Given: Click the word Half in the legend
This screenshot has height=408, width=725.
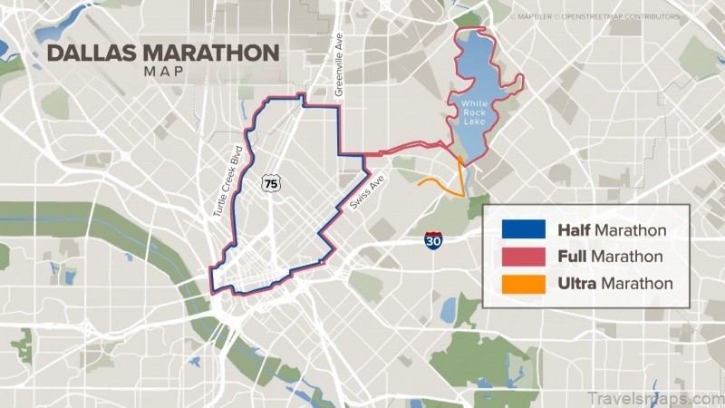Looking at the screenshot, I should (x=573, y=230).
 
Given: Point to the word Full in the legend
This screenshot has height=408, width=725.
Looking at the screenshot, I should (x=571, y=257).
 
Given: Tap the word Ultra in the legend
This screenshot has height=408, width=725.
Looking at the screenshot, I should (x=576, y=284).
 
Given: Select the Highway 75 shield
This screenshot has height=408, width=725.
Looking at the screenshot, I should (x=271, y=184).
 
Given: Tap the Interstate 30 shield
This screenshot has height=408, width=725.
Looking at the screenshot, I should (x=433, y=238).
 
